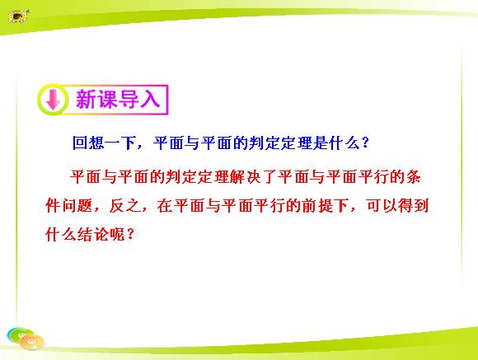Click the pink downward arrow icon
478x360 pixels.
pyautogui.click(x=54, y=100)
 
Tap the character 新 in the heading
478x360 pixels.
pyautogui.click(x=87, y=100)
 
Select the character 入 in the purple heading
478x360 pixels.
pyautogui.click(x=150, y=100)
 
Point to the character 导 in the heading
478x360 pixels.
pyautogui.click(x=129, y=100)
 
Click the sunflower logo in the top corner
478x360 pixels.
pyautogui.click(x=18, y=16)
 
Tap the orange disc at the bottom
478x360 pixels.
pyautogui.click(x=32, y=342)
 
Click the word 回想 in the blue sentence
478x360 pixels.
pyautogui.click(x=88, y=143)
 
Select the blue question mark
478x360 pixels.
pyautogui.click(x=365, y=143)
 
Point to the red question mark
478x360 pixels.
pyautogui.click(x=130, y=234)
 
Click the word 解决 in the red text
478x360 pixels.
pyautogui.click(x=246, y=177)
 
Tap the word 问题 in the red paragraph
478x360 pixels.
pyautogui.click(x=77, y=205)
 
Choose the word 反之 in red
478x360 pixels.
pyautogui.click(x=125, y=205)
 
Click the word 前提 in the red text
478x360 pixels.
pyautogui.click(x=318, y=205)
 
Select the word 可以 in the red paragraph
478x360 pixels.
pyautogui.click(x=382, y=205)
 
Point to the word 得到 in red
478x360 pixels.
pyautogui.click(x=414, y=205)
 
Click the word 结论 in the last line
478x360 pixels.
pyautogui.click(x=93, y=234)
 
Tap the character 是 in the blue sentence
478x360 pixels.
pyautogui.click(x=321, y=143)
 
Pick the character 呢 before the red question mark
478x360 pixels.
pyautogui.click(x=117, y=234)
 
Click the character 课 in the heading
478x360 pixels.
pyautogui.click(x=107, y=100)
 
